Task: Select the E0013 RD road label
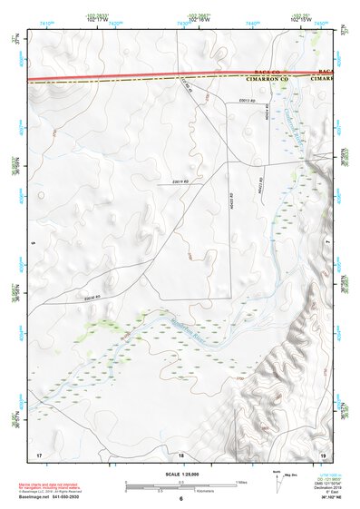pos(248,100)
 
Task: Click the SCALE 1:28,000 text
pos(180,472)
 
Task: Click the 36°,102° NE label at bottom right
pos(332,497)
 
